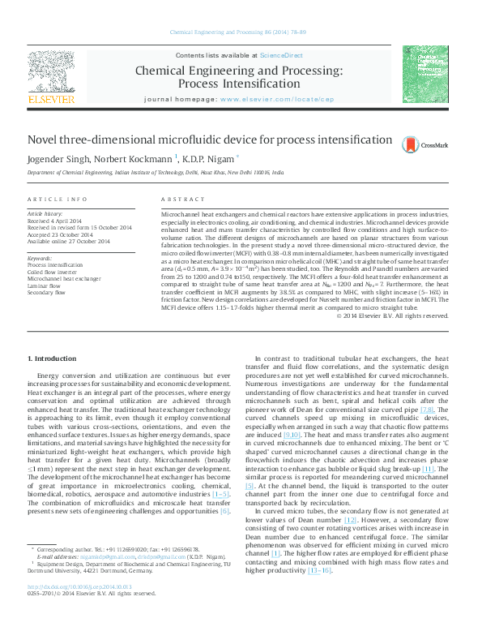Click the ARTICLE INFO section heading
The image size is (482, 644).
tap(57, 200)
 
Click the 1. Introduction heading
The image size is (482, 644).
tap(53, 358)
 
